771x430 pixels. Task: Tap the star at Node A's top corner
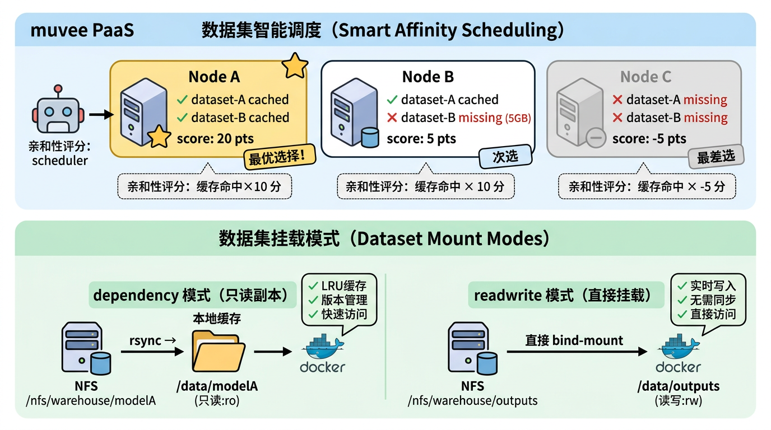[294, 66]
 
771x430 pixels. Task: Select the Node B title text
[428, 77]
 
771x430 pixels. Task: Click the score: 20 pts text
[215, 138]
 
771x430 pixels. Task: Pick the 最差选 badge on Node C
[716, 157]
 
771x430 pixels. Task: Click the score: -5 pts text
[649, 138]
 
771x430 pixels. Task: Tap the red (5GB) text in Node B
[518, 118]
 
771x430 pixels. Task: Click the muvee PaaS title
[82, 30]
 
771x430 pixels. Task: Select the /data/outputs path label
[678, 386]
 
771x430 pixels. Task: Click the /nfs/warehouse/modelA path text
[91, 400]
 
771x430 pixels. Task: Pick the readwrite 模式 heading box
[566, 295]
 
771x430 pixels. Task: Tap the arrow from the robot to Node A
[100, 115]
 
